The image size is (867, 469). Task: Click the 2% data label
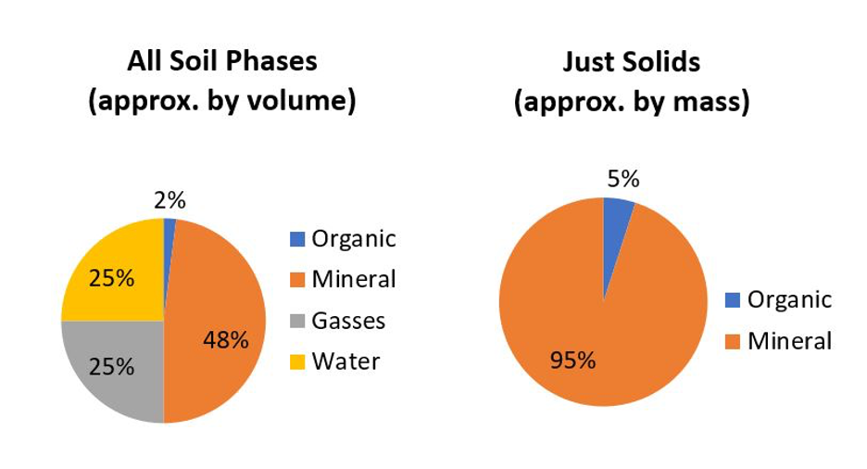coord(170,200)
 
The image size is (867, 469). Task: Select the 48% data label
coord(226,340)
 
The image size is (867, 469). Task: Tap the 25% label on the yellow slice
coord(112,278)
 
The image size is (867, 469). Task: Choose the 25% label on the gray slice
coord(112,367)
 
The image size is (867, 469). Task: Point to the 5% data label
coord(623,179)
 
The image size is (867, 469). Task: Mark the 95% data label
coord(572,361)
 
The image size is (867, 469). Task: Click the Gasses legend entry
coord(338,321)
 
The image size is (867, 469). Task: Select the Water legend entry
coord(335,361)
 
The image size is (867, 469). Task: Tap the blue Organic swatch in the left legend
coord(297,239)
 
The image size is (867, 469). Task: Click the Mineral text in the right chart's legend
coord(789,341)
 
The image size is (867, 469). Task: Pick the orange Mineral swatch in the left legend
coord(297,280)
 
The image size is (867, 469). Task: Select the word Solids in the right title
coord(660,61)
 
